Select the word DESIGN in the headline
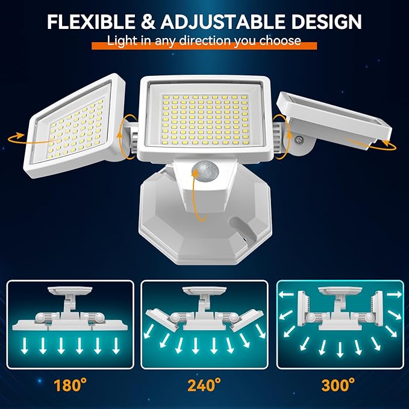(328, 22)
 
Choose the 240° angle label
(205, 384)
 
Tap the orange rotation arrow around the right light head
(386, 145)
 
